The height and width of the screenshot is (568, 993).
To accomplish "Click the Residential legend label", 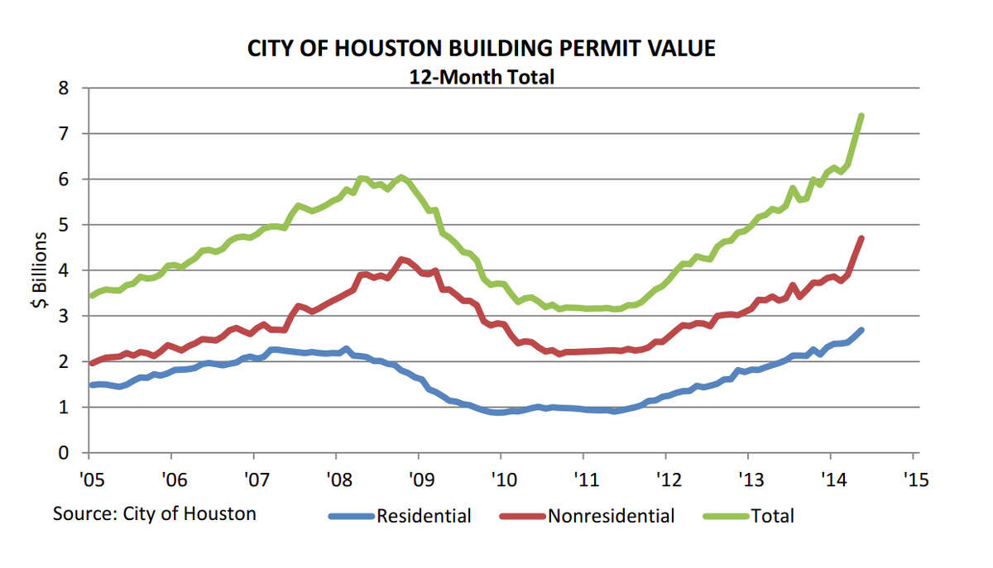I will point(424,516).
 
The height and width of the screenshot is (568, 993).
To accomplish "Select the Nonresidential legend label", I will point(611,516).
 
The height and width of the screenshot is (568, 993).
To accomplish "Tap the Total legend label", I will point(772,516).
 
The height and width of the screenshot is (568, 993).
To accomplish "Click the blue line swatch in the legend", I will point(352,517).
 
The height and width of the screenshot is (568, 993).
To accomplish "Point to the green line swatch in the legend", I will point(726,517).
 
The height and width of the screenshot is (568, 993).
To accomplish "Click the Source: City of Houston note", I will point(155,513).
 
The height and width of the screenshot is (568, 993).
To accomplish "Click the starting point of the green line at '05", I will point(89,295).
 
